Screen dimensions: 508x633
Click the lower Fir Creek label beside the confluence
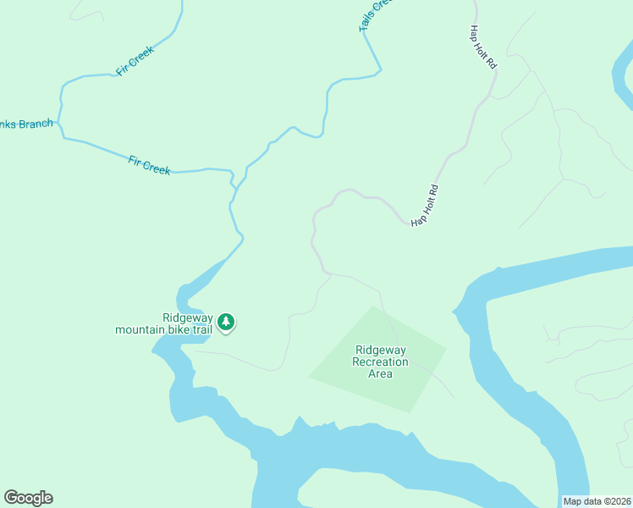click(149, 164)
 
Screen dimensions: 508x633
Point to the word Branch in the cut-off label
click(36, 124)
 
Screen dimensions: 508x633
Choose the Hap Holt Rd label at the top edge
click(482, 53)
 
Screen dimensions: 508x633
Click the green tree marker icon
click(226, 322)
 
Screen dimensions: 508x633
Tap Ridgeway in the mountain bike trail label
click(176, 317)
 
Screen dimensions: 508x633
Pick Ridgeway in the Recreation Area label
click(381, 350)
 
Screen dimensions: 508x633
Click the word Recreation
click(381, 362)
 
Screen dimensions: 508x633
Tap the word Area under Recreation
click(381, 373)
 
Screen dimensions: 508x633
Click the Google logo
click(28, 498)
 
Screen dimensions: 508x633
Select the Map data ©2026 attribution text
click(596, 501)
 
